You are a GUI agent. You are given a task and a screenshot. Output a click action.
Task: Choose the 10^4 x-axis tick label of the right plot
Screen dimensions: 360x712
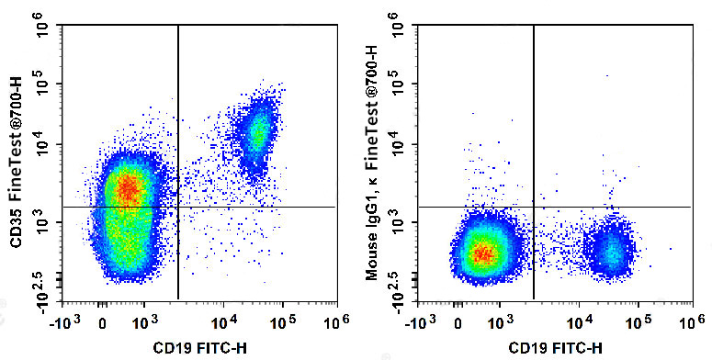[578, 322]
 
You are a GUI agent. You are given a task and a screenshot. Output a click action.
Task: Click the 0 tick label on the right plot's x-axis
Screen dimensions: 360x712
[458, 322]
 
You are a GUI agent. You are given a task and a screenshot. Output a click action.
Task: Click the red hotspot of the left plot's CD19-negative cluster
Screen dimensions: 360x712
[129, 190]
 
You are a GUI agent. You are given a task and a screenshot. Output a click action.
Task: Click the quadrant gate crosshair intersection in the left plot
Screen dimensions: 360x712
[177, 208]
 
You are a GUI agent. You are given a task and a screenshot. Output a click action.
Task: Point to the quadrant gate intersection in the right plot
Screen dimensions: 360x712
[534, 208]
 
